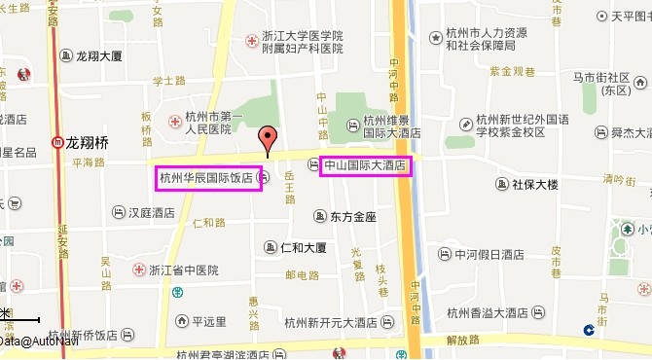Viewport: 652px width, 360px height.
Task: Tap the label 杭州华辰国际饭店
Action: (x=206, y=178)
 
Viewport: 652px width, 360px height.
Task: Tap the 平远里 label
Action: (x=208, y=320)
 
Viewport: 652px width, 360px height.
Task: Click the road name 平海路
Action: (x=87, y=163)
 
